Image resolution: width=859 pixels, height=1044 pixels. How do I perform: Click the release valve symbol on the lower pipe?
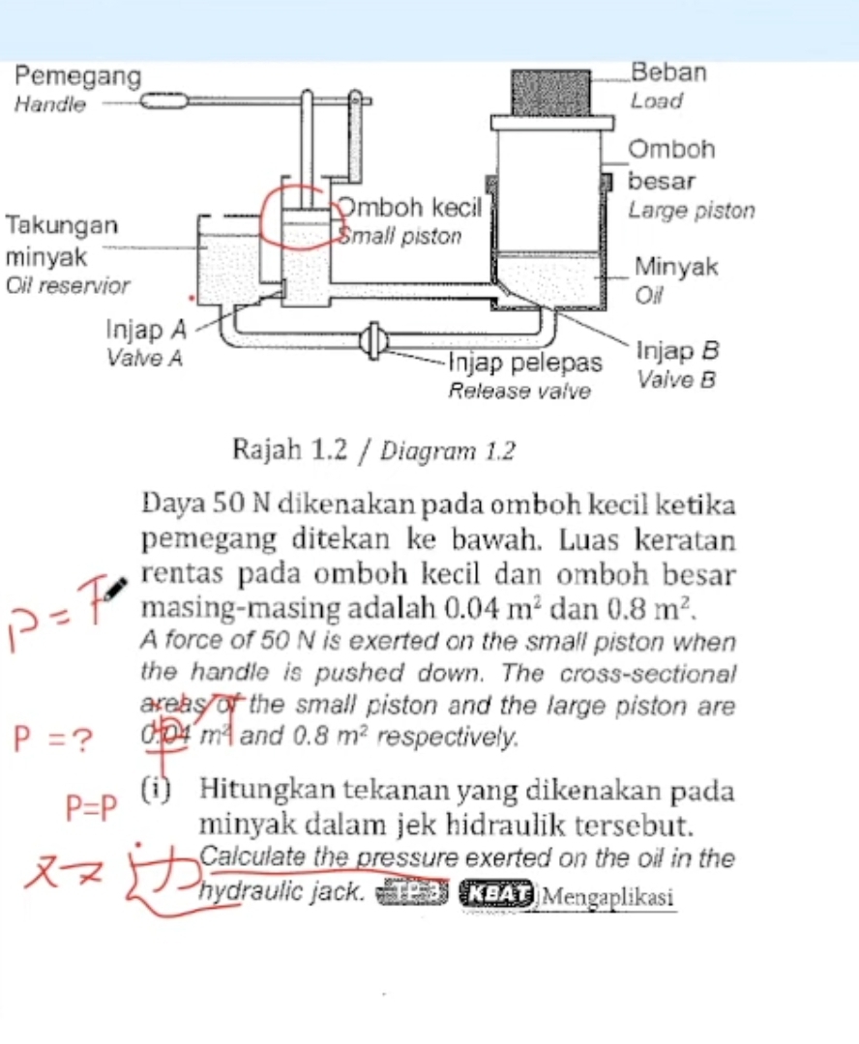point(370,342)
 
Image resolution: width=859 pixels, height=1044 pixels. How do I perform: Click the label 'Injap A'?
point(144,331)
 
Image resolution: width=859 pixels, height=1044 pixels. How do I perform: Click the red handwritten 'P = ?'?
point(56,739)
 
